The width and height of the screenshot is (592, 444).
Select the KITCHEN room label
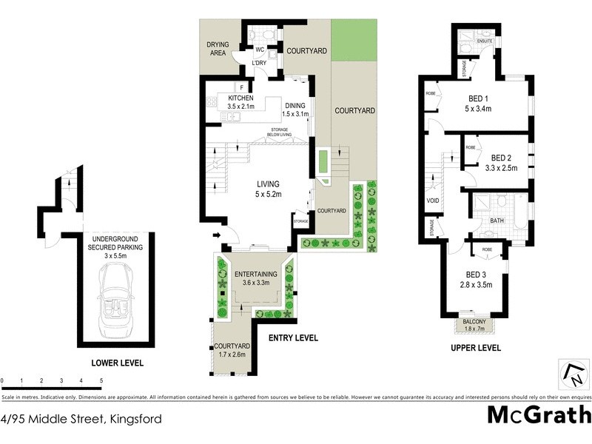point(240,98)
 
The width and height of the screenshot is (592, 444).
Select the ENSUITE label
point(485,41)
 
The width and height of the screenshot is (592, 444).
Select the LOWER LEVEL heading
point(117,363)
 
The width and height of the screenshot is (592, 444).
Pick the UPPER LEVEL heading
point(476,348)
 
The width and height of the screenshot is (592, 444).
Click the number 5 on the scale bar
point(101,381)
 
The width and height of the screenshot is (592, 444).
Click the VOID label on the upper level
point(433,200)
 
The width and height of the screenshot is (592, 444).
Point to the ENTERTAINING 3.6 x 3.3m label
point(255,278)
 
